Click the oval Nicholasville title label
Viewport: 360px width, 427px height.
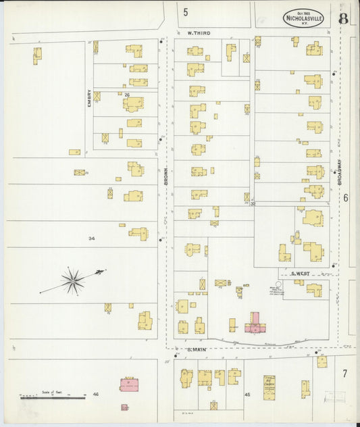[303, 18]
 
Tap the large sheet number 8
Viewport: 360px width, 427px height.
[344, 18]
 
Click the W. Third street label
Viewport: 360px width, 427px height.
[199, 32]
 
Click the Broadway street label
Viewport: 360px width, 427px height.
[340, 172]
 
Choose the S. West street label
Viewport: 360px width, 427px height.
[300, 274]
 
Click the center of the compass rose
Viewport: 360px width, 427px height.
[72, 279]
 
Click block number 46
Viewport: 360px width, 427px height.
[95, 394]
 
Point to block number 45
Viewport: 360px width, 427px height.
[247, 395]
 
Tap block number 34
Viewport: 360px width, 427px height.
[92, 238]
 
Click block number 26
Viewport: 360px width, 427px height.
[126, 95]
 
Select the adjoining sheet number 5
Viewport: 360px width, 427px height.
[185, 11]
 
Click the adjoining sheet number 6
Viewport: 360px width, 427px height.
[345, 198]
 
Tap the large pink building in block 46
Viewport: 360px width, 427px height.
[129, 384]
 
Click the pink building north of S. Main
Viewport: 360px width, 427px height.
[255, 323]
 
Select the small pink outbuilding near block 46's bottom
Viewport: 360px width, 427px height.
[124, 407]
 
